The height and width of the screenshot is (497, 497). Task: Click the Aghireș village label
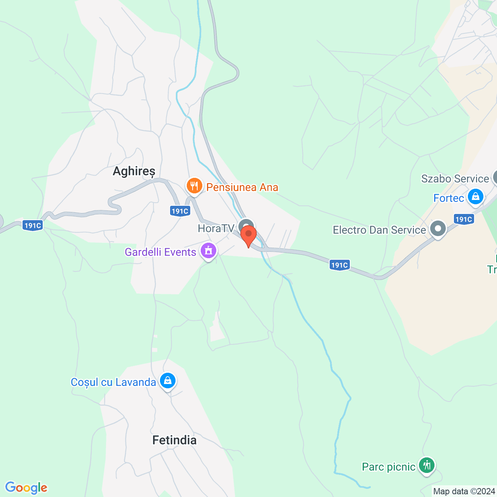(134, 171)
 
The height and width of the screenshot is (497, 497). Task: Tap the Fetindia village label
(174, 440)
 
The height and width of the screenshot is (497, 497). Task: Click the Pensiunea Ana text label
(242, 188)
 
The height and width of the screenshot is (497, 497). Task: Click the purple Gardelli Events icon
(209, 251)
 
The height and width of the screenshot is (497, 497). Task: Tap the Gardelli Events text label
(160, 252)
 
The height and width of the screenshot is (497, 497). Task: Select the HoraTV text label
(216, 228)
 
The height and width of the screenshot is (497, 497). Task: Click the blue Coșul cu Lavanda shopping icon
(168, 381)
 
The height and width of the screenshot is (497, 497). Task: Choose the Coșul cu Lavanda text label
(113, 382)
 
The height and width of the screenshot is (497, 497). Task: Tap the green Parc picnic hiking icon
(427, 465)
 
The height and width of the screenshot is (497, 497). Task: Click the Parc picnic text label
(389, 467)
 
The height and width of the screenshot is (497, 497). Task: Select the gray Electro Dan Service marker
(438, 229)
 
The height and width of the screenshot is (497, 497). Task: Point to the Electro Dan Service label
(379, 230)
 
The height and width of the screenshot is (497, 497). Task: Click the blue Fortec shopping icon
(475, 196)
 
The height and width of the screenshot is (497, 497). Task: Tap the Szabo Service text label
(455, 179)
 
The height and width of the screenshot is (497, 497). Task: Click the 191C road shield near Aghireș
(180, 211)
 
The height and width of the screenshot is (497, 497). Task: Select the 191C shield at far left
(33, 226)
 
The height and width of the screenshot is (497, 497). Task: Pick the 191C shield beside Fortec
(464, 219)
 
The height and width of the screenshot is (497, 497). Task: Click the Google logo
(26, 488)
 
